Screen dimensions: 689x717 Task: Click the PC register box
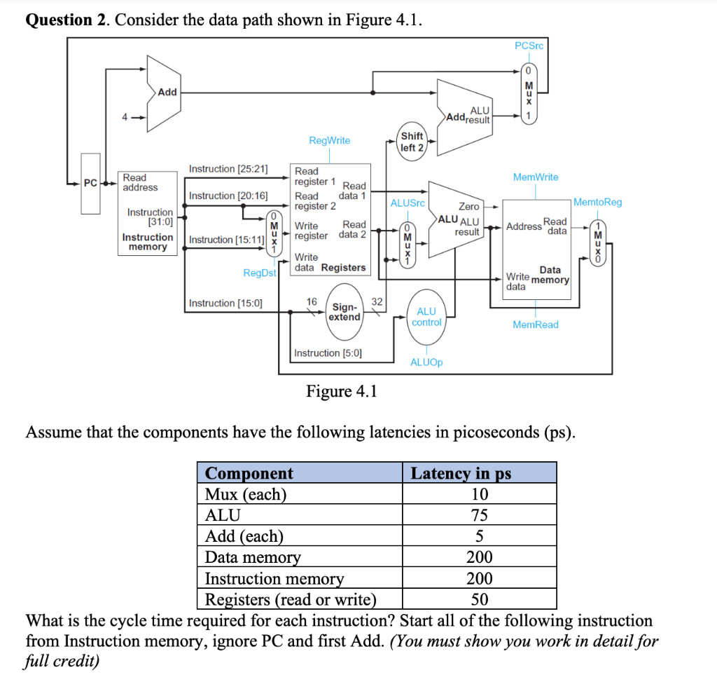point(90,183)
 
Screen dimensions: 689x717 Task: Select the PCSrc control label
point(529,46)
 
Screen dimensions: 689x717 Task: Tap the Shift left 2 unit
point(411,142)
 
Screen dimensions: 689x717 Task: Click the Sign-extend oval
point(344,312)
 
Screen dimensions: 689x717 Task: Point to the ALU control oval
point(426,317)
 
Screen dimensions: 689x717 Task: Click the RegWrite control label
point(329,140)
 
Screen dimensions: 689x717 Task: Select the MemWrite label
point(536,177)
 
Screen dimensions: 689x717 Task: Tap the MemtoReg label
point(597,202)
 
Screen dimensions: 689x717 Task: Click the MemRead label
point(536,325)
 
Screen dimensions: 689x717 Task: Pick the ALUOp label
point(426,362)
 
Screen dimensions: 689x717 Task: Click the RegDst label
point(259,273)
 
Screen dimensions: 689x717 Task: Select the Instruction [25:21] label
point(228,169)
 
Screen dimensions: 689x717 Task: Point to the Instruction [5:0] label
point(328,353)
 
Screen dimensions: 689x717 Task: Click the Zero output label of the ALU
point(468,206)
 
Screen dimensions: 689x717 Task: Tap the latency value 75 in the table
point(479,515)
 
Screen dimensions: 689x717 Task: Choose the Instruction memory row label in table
point(274,579)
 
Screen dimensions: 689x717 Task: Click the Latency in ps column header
point(461,473)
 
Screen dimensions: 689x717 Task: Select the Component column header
point(249,473)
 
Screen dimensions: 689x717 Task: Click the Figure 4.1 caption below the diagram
point(341,391)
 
